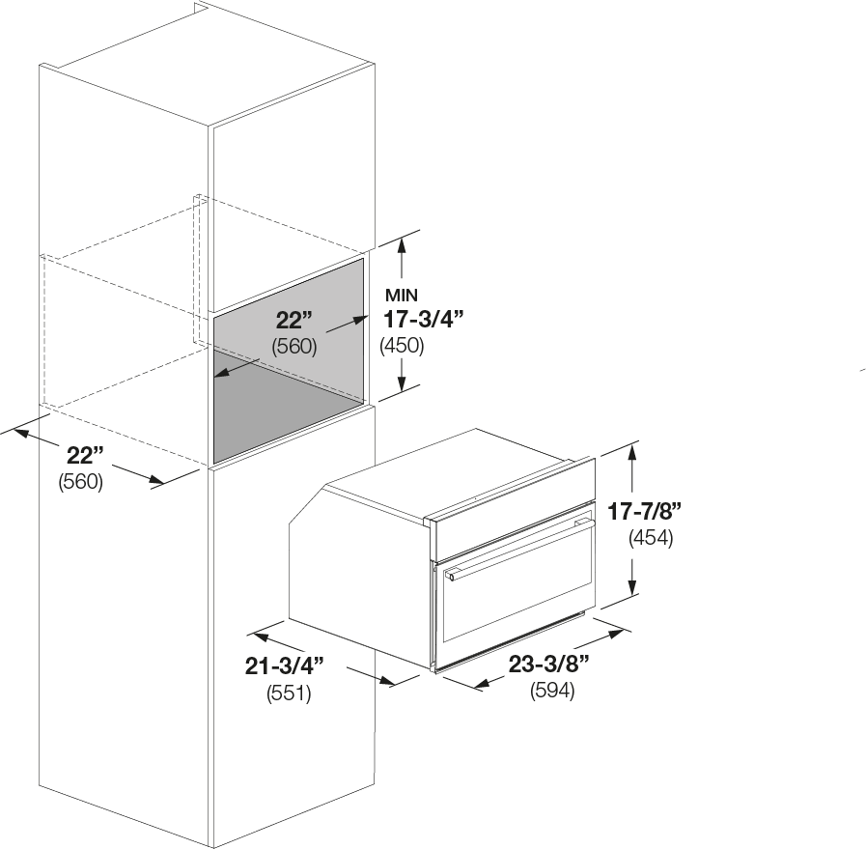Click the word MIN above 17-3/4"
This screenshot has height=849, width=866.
pyautogui.click(x=402, y=296)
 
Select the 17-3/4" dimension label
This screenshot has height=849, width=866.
pyautogui.click(x=423, y=320)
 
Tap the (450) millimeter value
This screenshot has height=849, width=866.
pyautogui.click(x=402, y=346)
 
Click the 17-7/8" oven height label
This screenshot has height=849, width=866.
pyautogui.click(x=645, y=512)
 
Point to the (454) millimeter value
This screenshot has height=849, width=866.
pyautogui.click(x=651, y=537)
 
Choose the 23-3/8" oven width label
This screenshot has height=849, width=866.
pyautogui.click(x=549, y=664)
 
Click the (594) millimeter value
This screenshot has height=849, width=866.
pyautogui.click(x=552, y=691)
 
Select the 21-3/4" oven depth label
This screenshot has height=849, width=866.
pyautogui.click(x=285, y=666)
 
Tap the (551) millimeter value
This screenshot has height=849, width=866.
pyautogui.click(x=289, y=693)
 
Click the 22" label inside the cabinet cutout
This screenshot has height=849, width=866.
pyautogui.click(x=294, y=320)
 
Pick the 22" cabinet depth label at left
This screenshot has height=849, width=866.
pyautogui.click(x=85, y=456)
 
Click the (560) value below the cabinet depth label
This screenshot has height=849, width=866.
pyautogui.click(x=81, y=482)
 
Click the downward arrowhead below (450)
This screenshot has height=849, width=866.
pyautogui.click(x=402, y=382)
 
